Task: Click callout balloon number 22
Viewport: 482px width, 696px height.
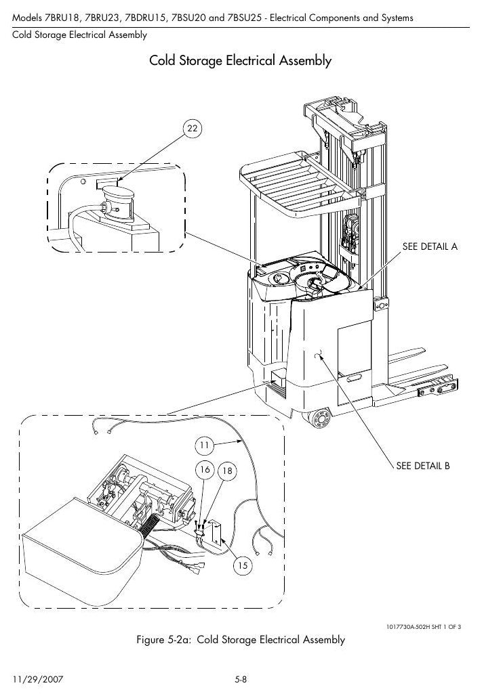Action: [x=192, y=128]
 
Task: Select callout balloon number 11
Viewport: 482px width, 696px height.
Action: [x=204, y=445]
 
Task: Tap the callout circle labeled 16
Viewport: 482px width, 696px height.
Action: [x=205, y=470]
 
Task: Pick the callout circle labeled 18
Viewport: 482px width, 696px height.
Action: [x=227, y=471]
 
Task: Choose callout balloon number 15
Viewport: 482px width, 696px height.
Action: [x=242, y=565]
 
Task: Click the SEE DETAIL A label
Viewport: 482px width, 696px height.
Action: [x=430, y=247]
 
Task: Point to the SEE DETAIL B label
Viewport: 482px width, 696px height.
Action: [x=423, y=466]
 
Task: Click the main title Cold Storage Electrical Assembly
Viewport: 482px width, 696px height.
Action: [x=240, y=60]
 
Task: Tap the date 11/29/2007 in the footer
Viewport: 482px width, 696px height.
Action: [x=38, y=680]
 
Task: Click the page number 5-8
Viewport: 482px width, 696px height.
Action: [x=241, y=680]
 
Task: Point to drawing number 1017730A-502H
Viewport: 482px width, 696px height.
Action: [x=408, y=627]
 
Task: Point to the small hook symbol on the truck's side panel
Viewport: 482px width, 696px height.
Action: [x=318, y=355]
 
